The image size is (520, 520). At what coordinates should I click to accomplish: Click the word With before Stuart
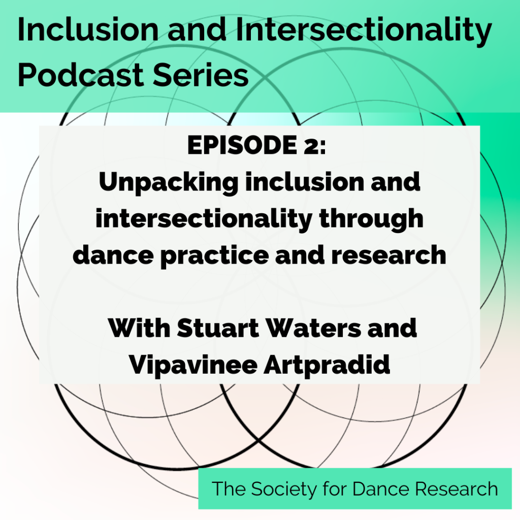pyautogui.click(x=138, y=329)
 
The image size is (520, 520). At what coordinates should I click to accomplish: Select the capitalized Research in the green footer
pyautogui.click(x=457, y=489)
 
